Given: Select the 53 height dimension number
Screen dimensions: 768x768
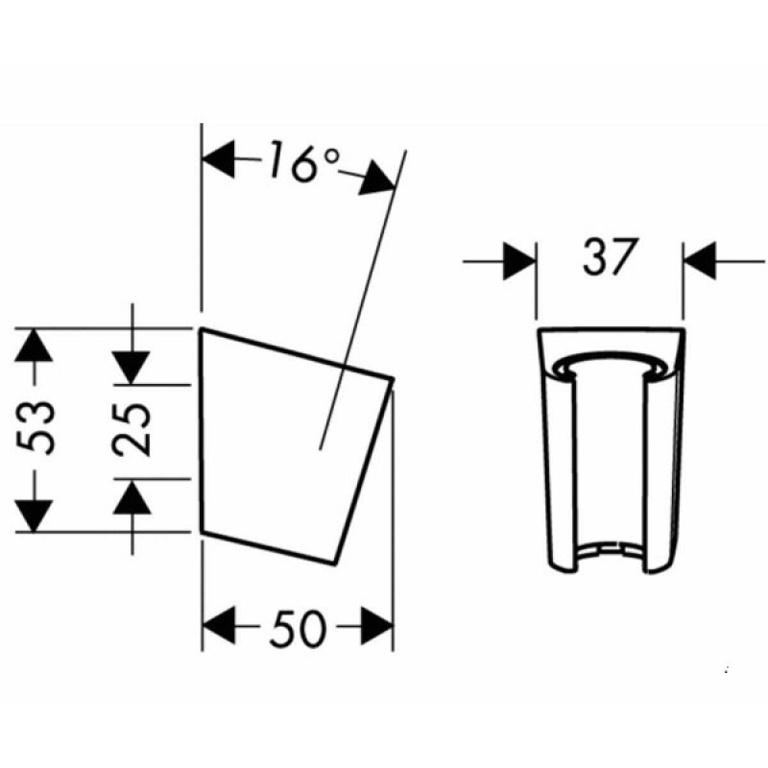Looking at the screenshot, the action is tap(35, 427).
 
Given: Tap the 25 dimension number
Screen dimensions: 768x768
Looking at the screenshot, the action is tap(132, 429).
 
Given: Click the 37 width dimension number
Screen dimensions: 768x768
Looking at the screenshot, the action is tap(611, 256).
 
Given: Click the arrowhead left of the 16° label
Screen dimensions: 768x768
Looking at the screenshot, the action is tap(218, 159).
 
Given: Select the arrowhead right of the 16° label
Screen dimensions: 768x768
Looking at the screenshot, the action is tap(377, 179).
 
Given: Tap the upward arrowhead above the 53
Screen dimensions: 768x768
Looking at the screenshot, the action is tap(34, 345).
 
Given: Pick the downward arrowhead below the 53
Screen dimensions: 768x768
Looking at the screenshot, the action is tap(34, 516).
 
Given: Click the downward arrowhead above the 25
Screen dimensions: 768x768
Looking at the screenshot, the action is tap(132, 368).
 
